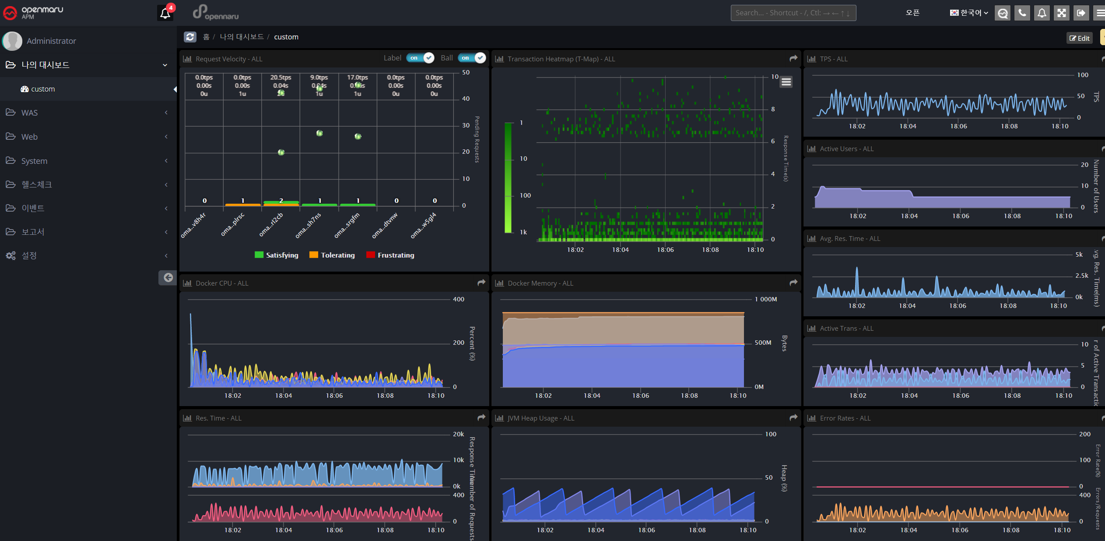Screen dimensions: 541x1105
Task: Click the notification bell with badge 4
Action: pyautogui.click(x=165, y=13)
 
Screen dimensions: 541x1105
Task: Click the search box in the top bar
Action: pyautogui.click(x=793, y=13)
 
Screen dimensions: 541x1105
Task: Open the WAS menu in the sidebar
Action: pyautogui.click(x=29, y=113)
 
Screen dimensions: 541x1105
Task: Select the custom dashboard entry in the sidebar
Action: pyautogui.click(x=43, y=89)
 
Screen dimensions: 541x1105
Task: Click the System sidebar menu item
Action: pyautogui.click(x=34, y=161)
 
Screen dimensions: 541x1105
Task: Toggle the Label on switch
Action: pyautogui.click(x=420, y=58)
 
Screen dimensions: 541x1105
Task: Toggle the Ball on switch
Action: pyautogui.click(x=472, y=58)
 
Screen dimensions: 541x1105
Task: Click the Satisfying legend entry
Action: pyautogui.click(x=277, y=255)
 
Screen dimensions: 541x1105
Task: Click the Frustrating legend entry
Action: pyautogui.click(x=390, y=255)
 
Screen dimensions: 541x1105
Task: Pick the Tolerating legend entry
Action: pyautogui.click(x=332, y=255)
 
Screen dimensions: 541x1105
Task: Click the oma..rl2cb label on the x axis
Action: pyautogui.click(x=271, y=224)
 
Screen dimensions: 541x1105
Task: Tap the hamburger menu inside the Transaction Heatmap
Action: pyautogui.click(x=786, y=82)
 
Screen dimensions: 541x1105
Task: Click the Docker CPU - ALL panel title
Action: pyautogui.click(x=222, y=283)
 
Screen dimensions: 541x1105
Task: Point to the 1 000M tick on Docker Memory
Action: pyautogui.click(x=765, y=299)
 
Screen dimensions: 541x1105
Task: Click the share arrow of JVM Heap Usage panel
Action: pyautogui.click(x=793, y=417)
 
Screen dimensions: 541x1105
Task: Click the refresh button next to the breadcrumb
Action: pyautogui.click(x=190, y=37)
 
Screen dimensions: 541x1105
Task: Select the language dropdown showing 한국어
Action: pyautogui.click(x=969, y=13)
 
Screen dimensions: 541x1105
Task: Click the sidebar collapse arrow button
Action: pyautogui.click(x=168, y=277)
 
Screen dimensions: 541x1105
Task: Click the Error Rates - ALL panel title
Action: pyautogui.click(x=845, y=418)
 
